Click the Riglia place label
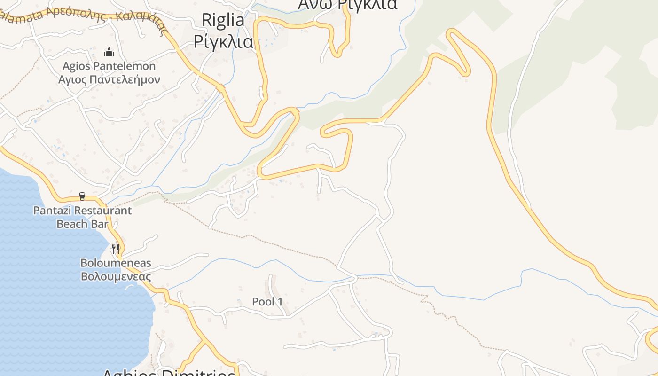tap(223, 20)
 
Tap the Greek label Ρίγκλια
tap(223, 41)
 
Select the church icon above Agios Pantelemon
tap(109, 52)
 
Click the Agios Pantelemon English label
tap(109, 66)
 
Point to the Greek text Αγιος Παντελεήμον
tap(109, 79)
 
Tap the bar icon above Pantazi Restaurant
tap(82, 196)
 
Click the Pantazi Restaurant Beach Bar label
tap(82, 217)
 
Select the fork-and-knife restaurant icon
tap(116, 248)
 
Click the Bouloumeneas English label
tap(116, 263)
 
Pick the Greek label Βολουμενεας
tap(116, 276)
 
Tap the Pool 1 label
tap(267, 302)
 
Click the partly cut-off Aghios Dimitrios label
tap(168, 373)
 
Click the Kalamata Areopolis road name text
tap(85, 17)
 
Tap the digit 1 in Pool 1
tap(281, 302)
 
